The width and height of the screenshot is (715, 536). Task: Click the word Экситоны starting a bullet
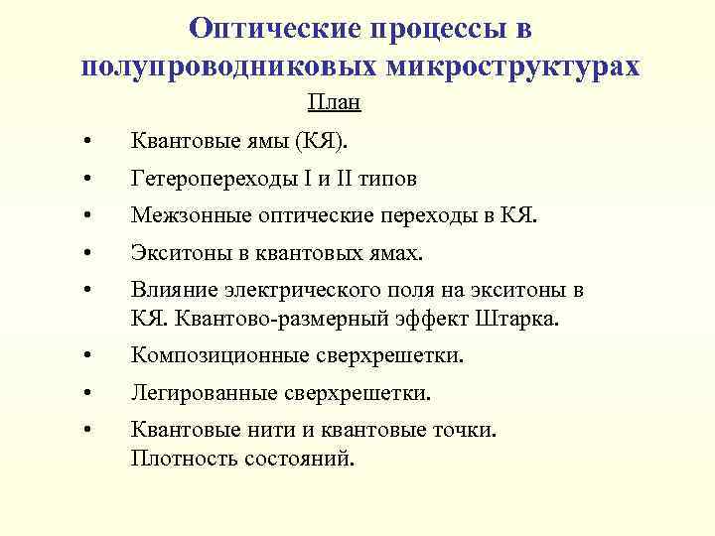point(175,253)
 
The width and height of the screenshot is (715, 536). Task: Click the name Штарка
point(526,319)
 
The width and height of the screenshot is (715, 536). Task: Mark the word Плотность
point(175,459)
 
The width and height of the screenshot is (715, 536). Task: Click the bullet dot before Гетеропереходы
point(89,181)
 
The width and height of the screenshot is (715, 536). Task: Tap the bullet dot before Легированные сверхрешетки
point(89,394)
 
